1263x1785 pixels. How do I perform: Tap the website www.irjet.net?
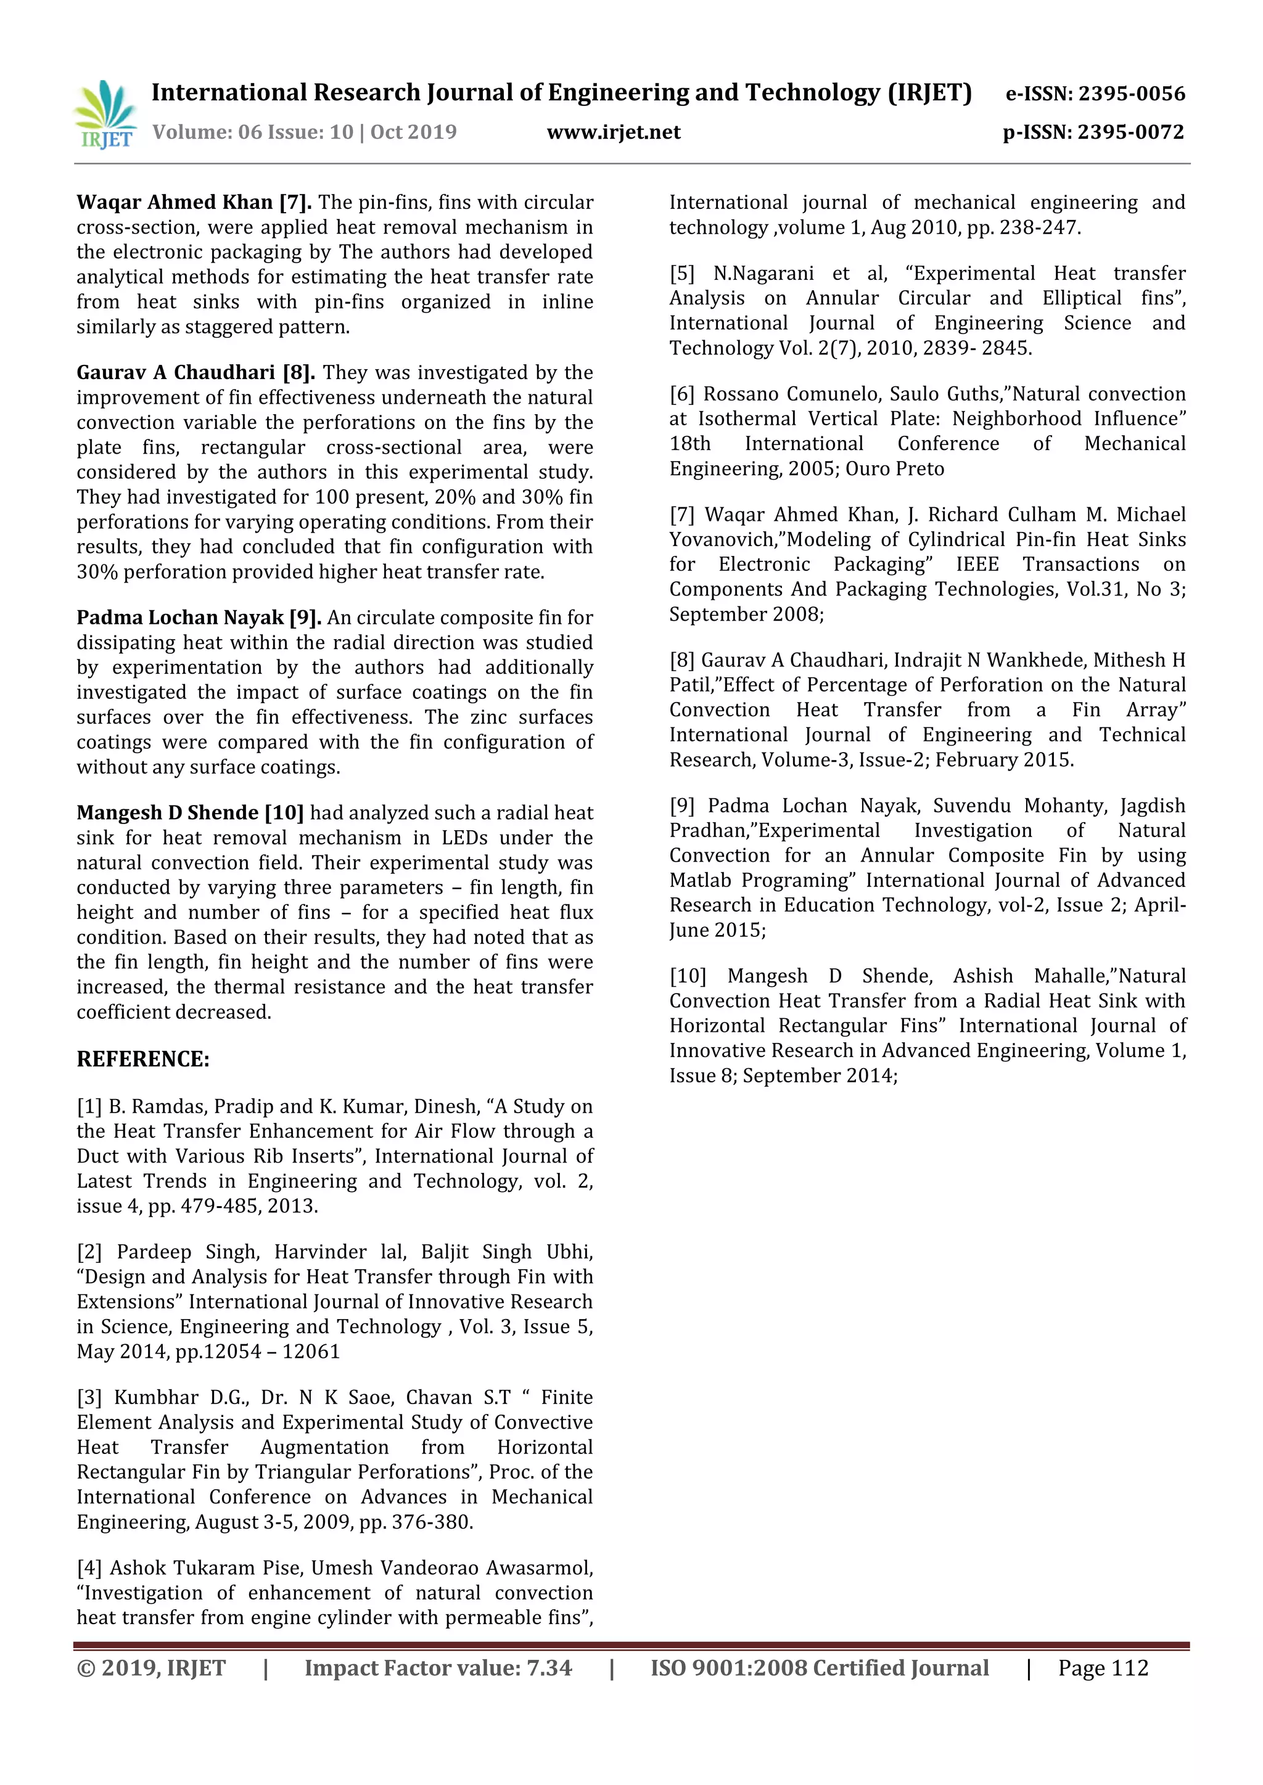tap(613, 132)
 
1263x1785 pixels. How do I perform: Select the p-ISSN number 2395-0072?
tap(1131, 132)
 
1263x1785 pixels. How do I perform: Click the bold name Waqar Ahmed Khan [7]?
tap(194, 202)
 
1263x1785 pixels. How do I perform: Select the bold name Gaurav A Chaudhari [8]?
tap(195, 372)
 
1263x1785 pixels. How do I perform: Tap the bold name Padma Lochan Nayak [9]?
tap(199, 617)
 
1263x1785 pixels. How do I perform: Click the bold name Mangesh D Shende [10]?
tap(190, 812)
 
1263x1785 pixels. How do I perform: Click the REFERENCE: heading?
tap(143, 1059)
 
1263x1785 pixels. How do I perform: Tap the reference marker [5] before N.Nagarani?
tap(682, 274)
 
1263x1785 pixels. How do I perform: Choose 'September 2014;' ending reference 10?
tap(820, 1076)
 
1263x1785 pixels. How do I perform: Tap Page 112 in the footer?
tap(1102, 1669)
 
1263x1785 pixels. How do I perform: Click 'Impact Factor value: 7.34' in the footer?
tap(438, 1669)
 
